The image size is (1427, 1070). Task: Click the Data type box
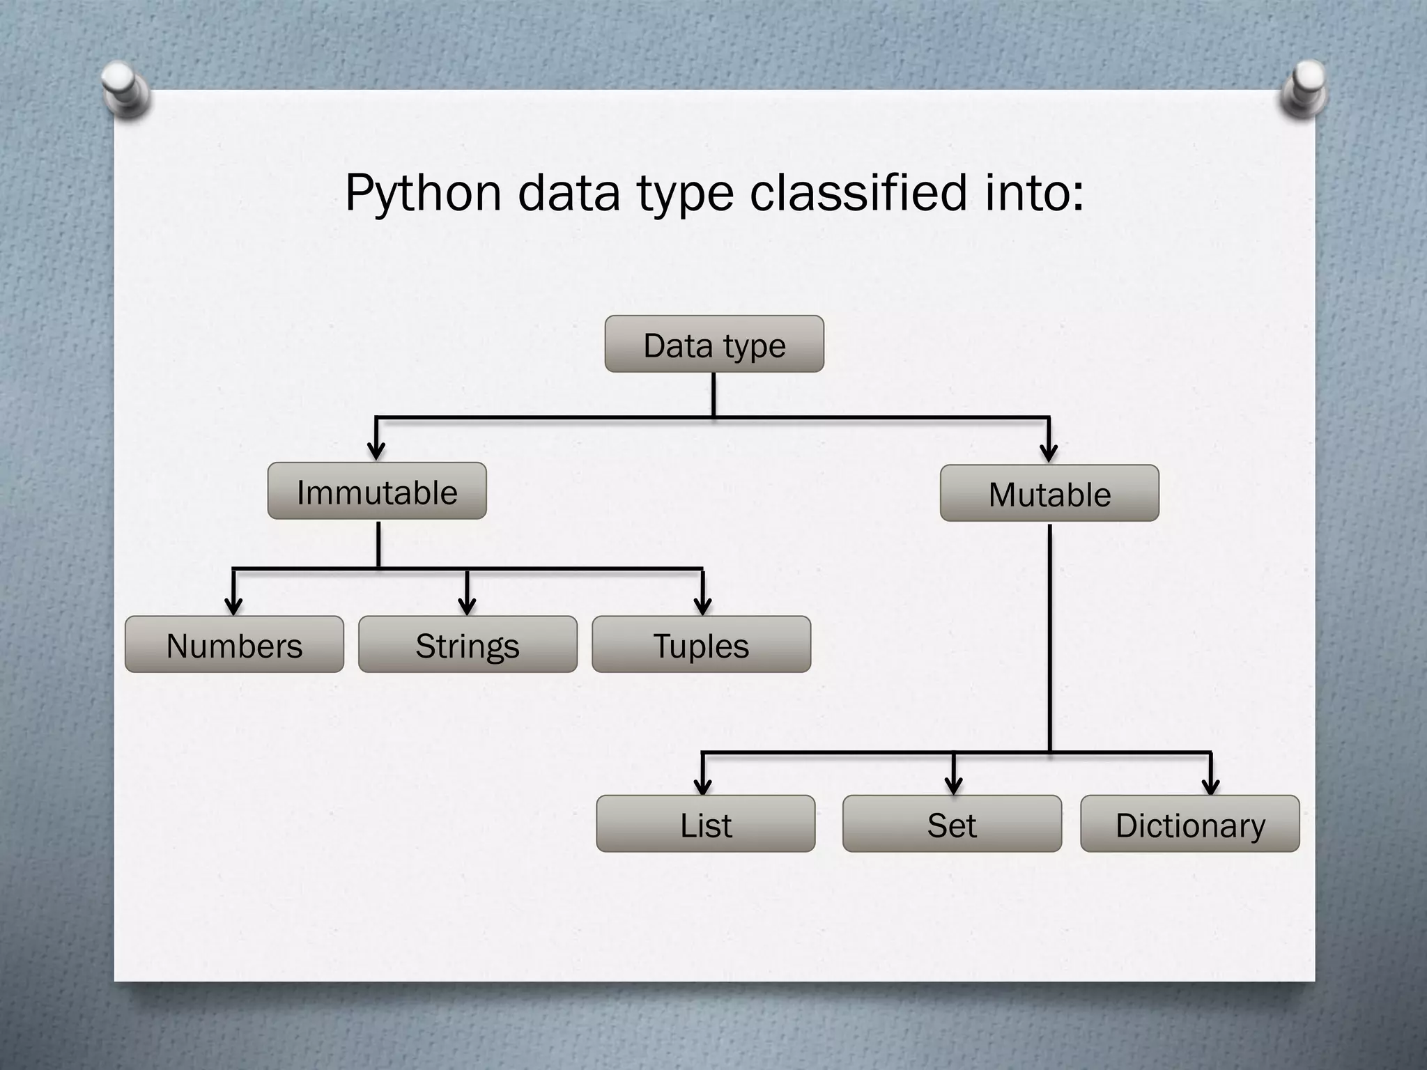pyautogui.click(x=714, y=344)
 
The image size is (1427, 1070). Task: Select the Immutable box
pyautogui.click(x=377, y=491)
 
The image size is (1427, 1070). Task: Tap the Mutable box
pyautogui.click(x=1049, y=493)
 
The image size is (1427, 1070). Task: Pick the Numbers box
pyautogui.click(x=234, y=644)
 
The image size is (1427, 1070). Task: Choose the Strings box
pyautogui.click(x=468, y=644)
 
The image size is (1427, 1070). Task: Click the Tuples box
pyautogui.click(x=701, y=644)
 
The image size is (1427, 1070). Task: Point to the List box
pyautogui.click(x=705, y=823)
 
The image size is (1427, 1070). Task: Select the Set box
pyautogui.click(x=952, y=823)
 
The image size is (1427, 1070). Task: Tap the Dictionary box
pyautogui.click(x=1190, y=823)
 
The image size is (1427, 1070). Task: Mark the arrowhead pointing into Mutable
pyautogui.click(x=1049, y=452)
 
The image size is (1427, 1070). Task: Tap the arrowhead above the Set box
pyautogui.click(x=954, y=784)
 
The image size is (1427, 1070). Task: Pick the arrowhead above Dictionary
pyautogui.click(x=1211, y=784)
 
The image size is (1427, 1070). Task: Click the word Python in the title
pyautogui.click(x=423, y=193)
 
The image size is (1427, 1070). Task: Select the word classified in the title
pyautogui.click(x=858, y=192)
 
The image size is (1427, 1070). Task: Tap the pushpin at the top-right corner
pyautogui.click(x=1304, y=88)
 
